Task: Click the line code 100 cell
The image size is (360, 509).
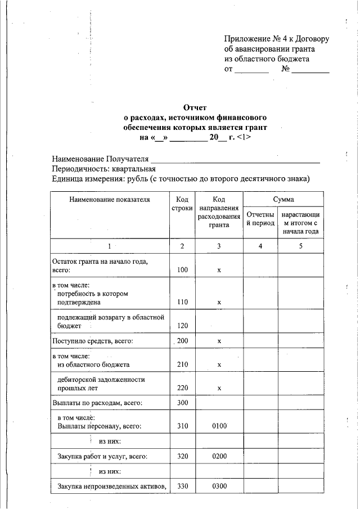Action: coord(182,270)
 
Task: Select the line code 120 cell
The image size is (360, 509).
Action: coord(182,326)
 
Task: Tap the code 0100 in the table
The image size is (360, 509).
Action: coord(219,426)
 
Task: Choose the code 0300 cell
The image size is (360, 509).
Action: coord(219,485)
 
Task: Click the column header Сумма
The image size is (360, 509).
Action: coord(283,199)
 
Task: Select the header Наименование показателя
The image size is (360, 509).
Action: coord(110,199)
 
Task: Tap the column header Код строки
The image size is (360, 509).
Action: coord(182,204)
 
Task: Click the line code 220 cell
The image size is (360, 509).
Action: coord(182,388)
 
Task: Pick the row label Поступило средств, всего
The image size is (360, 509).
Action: coord(93,341)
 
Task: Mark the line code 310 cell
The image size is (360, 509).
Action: coord(182,426)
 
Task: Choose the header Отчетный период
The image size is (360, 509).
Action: coord(260,219)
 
